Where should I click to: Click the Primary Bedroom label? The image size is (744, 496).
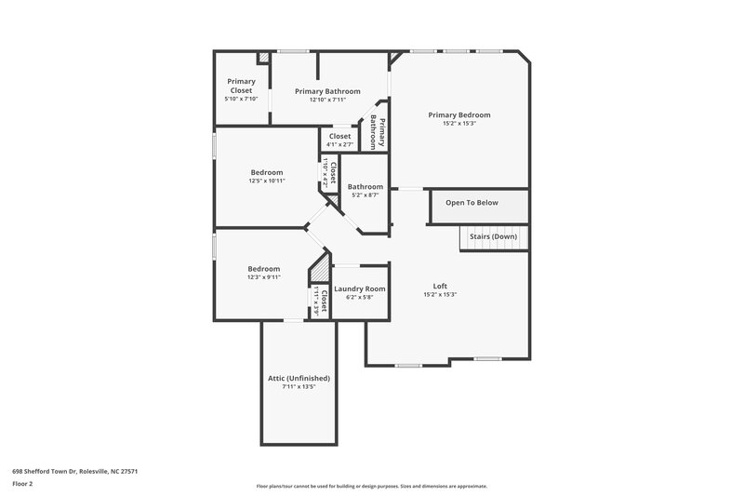pos(458,115)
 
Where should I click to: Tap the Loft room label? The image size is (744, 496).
pos(439,286)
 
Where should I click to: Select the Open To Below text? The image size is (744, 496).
pos(472,202)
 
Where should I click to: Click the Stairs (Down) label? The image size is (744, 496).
pos(493,236)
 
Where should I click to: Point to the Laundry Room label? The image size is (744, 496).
pos(359,289)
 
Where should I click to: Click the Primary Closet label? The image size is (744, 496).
pos(241,86)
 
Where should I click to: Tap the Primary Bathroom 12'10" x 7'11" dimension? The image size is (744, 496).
pos(327,100)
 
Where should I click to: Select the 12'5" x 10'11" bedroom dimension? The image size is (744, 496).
pos(266,181)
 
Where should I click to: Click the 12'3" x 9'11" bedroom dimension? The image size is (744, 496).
pos(263,276)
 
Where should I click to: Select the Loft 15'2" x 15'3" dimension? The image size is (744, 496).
pos(439,294)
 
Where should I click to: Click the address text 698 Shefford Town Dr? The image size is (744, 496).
pos(75,472)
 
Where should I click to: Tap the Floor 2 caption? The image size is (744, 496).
pos(23,484)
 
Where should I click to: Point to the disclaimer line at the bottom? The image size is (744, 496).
pos(371,486)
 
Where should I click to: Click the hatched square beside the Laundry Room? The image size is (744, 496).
pos(319,268)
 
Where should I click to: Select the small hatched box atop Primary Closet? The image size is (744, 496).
pos(264,58)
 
